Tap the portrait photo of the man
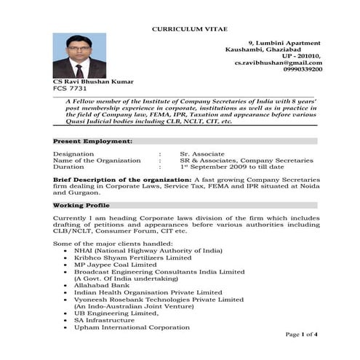click(79, 56)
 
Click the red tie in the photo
click(79, 71)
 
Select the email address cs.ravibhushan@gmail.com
click(278, 63)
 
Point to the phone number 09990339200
click(300, 70)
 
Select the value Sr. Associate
click(199, 153)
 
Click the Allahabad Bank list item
click(100, 285)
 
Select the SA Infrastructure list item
click(104, 320)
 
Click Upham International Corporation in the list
click(132, 327)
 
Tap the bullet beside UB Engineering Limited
click(66, 313)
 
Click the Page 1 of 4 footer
click(300, 334)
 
